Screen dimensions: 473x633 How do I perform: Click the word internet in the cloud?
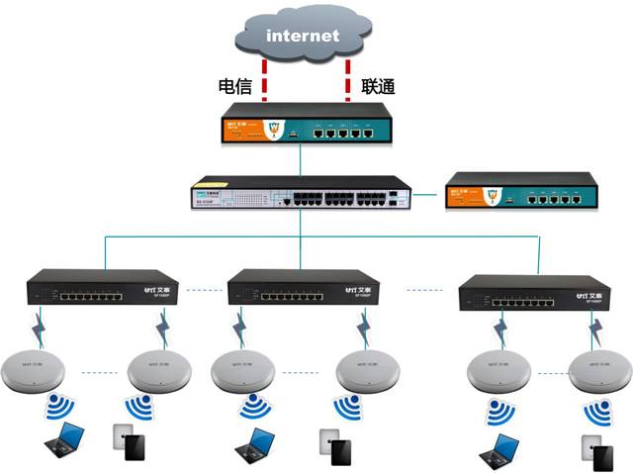302,36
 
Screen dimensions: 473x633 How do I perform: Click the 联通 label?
379,86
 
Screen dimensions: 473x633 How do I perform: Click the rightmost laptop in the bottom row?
497,448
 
